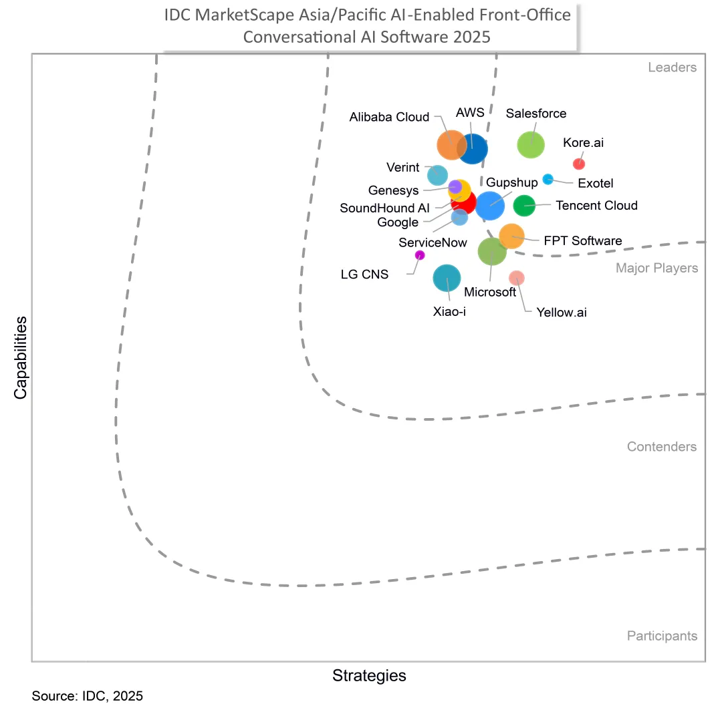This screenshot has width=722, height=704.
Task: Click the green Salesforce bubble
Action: click(x=530, y=144)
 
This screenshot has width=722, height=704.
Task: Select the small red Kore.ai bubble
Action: click(x=579, y=164)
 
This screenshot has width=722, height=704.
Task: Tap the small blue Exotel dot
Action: click(x=548, y=179)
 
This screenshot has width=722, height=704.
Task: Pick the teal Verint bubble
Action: click(x=437, y=175)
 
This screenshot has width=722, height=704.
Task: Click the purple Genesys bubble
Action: click(x=455, y=187)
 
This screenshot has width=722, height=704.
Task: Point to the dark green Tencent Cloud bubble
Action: click(x=524, y=205)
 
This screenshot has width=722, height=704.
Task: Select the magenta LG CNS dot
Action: click(x=419, y=255)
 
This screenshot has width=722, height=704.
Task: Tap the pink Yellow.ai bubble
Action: click(x=517, y=278)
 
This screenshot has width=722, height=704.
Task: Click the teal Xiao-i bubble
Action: click(x=447, y=278)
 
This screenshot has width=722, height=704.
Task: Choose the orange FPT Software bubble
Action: click(x=511, y=236)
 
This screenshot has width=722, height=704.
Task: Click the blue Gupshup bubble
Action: click(x=490, y=205)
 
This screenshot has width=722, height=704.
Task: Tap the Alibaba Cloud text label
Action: click(x=389, y=117)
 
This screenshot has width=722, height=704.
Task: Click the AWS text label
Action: click(x=470, y=113)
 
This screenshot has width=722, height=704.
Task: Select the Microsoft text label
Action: click(x=490, y=292)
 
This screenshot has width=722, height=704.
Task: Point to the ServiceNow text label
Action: click(x=433, y=242)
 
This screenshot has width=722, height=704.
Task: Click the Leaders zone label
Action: click(x=673, y=67)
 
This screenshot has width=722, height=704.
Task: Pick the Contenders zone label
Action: click(x=662, y=447)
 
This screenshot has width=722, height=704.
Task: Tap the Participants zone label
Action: click(x=662, y=636)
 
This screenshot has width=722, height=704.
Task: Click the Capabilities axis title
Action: click(x=20, y=357)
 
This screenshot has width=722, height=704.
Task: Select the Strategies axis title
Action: click(x=369, y=675)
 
